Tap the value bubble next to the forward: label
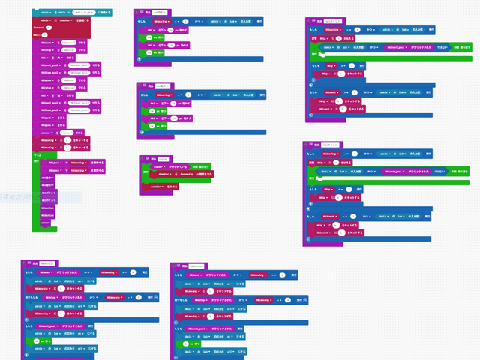pos(49,28)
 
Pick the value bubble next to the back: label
pos(45,35)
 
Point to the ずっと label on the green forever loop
pos(37,154)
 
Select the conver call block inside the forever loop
pos(46,223)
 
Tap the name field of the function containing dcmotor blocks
pos(163,158)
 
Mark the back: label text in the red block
pos(35,35)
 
